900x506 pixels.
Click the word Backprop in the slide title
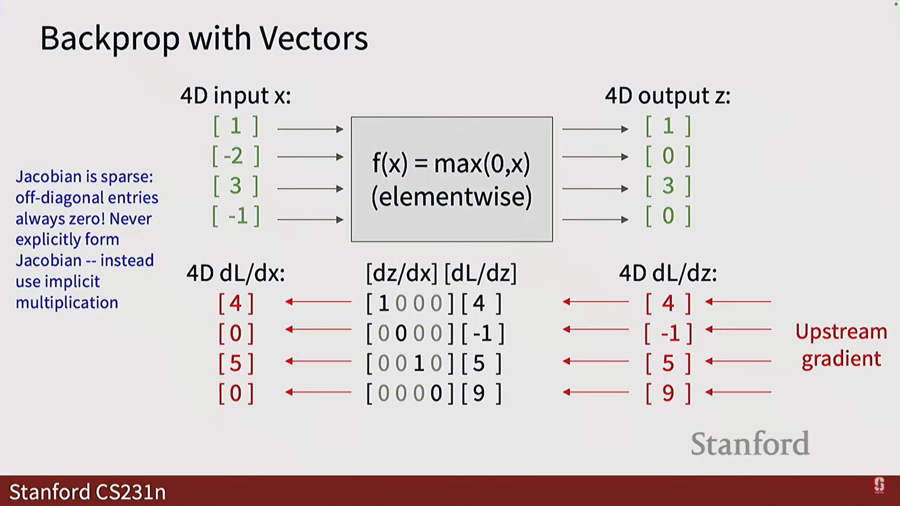click(x=110, y=39)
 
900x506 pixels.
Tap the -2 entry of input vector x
click(x=233, y=156)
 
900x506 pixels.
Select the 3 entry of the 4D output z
click(x=668, y=186)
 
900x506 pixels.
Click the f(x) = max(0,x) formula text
click(x=451, y=164)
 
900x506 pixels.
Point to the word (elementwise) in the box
click(x=451, y=197)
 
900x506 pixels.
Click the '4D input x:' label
click(x=235, y=96)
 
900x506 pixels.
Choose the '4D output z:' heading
click(x=667, y=96)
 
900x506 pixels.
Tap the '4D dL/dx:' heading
click(x=235, y=273)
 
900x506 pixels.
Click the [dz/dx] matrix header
click(x=401, y=273)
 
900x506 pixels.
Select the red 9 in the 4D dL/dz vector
click(x=668, y=393)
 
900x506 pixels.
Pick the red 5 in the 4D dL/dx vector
click(x=235, y=363)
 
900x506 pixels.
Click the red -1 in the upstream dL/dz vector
click(x=670, y=334)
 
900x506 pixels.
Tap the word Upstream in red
click(x=841, y=332)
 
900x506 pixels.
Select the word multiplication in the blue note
click(x=67, y=303)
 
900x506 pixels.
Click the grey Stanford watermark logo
click(x=750, y=444)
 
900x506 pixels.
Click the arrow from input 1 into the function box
click(x=310, y=129)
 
